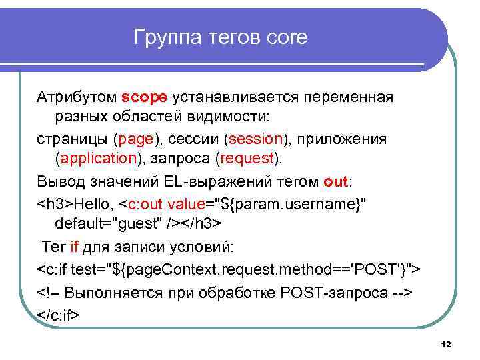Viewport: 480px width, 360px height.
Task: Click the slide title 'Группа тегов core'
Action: pos(221,37)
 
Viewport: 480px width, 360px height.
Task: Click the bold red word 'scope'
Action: pos(145,97)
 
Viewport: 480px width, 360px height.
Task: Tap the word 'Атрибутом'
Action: pos(77,97)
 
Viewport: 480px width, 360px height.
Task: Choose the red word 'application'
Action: pos(98,158)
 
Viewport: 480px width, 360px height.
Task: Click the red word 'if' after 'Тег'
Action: pos(74,247)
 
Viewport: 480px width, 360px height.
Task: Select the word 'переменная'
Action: pos(350,97)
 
